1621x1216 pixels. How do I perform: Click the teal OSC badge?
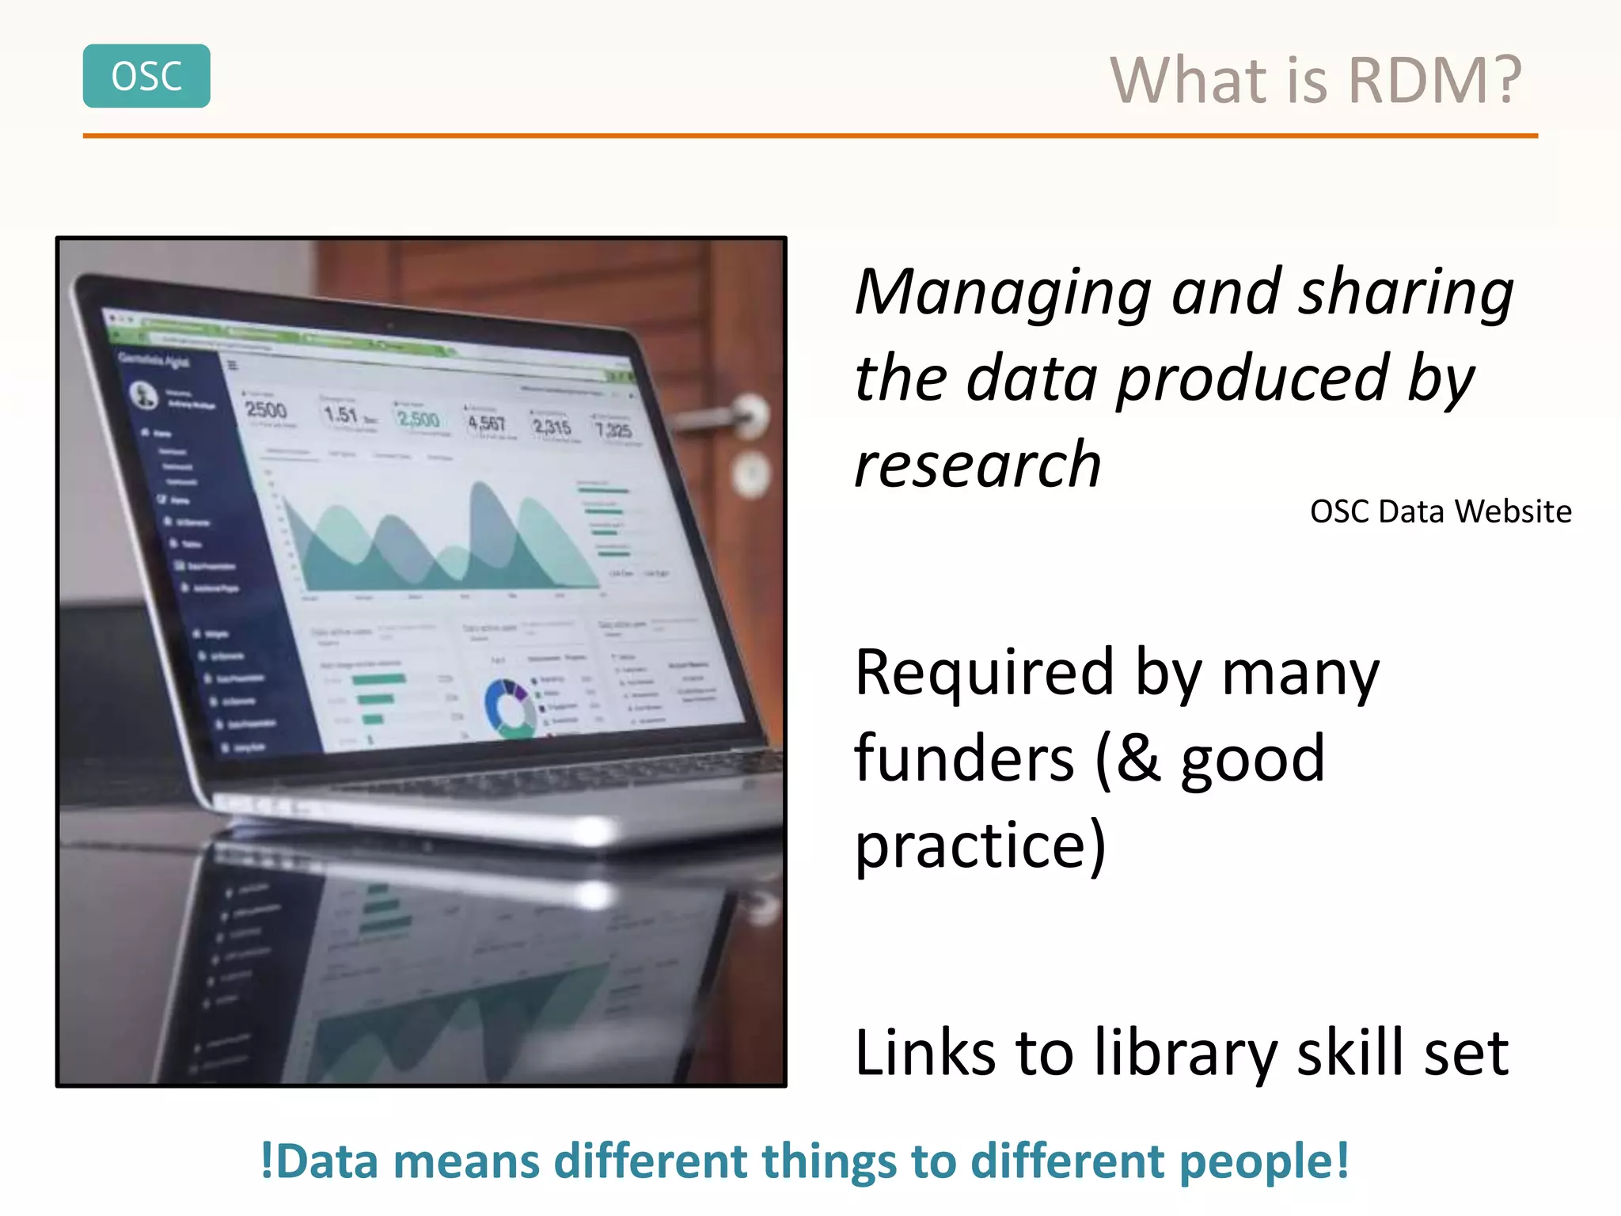pos(146,76)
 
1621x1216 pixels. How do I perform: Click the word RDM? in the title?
pos(1434,81)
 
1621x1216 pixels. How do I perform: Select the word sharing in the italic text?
pos(1407,293)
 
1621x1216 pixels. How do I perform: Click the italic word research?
pos(978,465)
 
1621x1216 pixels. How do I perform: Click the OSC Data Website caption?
pos(1440,511)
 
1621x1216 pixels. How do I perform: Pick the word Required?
pos(985,673)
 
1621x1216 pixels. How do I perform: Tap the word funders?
pos(964,758)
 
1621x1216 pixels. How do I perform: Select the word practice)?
pos(980,845)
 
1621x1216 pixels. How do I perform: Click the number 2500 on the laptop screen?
pos(266,410)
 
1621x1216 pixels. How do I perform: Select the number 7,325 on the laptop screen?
pos(613,430)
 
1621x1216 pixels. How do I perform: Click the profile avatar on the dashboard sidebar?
pos(144,393)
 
